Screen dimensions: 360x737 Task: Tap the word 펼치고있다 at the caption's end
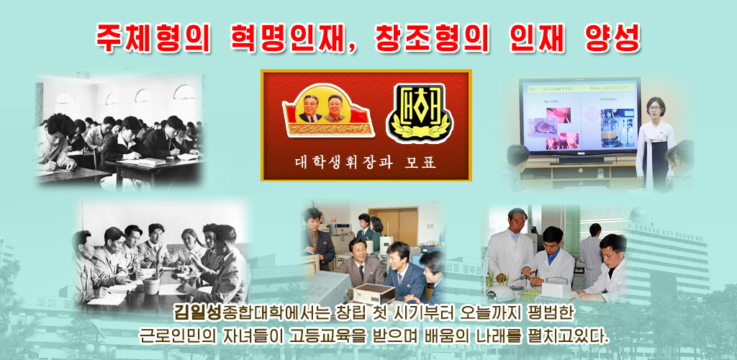point(564,335)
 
